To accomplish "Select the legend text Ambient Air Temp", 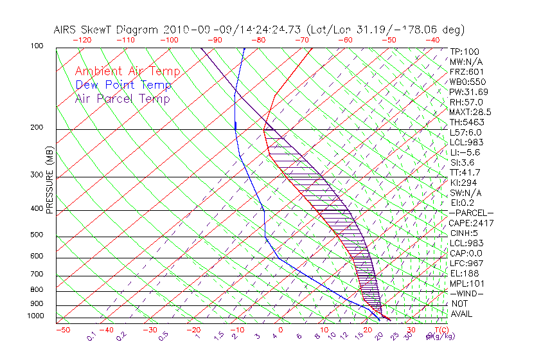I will pyautogui.click(x=127, y=72).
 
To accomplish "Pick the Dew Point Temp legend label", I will pyautogui.click(x=123, y=85).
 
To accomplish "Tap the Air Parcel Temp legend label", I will pyautogui.click(x=122, y=99).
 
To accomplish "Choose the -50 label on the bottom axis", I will pyautogui.click(x=62, y=330).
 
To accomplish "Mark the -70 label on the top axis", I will pyautogui.click(x=301, y=39).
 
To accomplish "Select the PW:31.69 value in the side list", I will pyautogui.click(x=468, y=92).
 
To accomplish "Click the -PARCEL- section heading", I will pyautogui.click(x=471, y=213).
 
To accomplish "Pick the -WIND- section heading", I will pyautogui.click(x=467, y=293).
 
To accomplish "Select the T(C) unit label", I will pyautogui.click(x=434, y=330).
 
